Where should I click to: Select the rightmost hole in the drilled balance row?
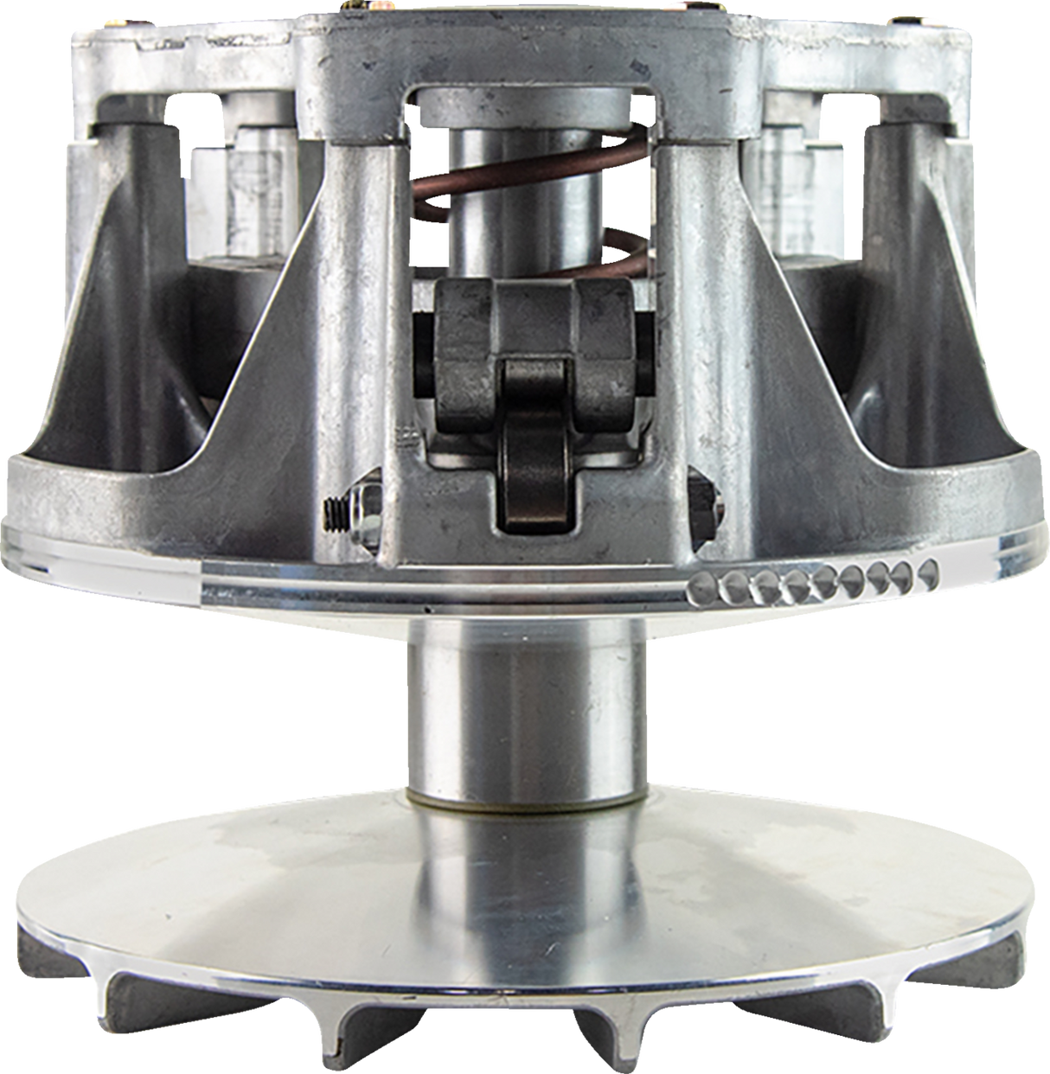tap(927, 571)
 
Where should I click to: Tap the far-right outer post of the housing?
tap(943, 303)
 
